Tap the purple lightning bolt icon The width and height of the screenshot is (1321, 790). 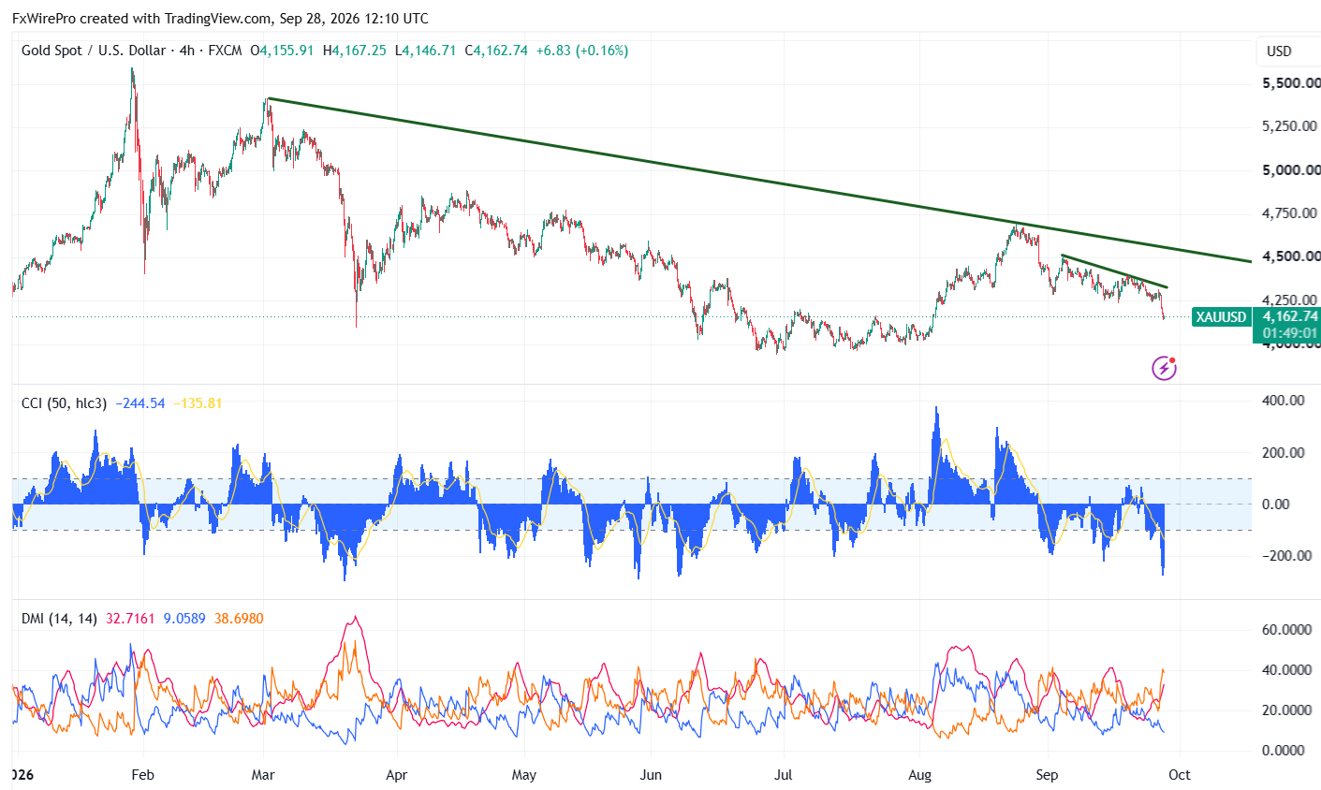click(x=1164, y=368)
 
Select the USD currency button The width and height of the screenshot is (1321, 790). click(x=1279, y=51)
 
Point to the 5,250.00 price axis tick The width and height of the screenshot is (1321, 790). click(x=1289, y=126)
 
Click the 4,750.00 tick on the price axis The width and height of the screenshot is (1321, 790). click(x=1289, y=212)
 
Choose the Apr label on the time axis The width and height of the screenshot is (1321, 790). click(x=396, y=774)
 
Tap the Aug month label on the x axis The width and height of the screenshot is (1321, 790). click(x=920, y=774)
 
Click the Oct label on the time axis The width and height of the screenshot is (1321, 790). click(x=1180, y=774)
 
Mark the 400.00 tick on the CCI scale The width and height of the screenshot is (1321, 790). click(x=1284, y=401)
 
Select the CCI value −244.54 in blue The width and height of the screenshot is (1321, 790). click(x=139, y=403)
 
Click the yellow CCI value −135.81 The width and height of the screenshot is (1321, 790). click(x=198, y=403)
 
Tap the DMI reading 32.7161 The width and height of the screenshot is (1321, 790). click(x=130, y=619)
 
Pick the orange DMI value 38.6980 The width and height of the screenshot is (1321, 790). click(x=239, y=619)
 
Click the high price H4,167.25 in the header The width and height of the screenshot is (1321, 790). click(x=355, y=51)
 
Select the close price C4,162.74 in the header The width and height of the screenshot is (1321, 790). click(x=496, y=51)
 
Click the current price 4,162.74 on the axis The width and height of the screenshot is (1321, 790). click(x=1290, y=316)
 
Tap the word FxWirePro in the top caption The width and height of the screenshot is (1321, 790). click(x=44, y=19)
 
